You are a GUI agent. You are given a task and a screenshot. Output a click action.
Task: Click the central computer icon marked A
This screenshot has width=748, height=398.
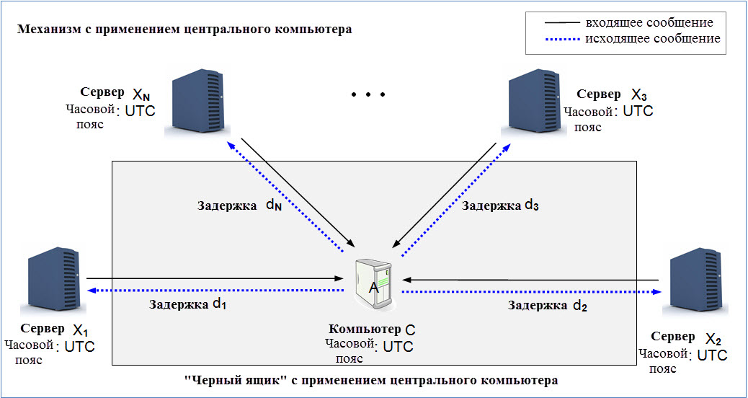click(374, 283)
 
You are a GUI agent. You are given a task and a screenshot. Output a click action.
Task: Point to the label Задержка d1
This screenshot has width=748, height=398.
click(187, 304)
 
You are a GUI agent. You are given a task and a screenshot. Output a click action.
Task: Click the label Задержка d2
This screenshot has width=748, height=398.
click(547, 306)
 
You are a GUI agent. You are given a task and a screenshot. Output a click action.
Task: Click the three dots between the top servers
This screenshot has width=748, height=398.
click(368, 94)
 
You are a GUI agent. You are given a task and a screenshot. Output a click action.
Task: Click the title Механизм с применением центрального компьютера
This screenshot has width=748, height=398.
click(185, 30)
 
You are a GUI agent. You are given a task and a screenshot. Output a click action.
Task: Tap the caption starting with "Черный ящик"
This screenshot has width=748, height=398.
click(371, 379)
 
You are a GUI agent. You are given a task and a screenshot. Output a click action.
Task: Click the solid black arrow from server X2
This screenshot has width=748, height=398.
click(530, 280)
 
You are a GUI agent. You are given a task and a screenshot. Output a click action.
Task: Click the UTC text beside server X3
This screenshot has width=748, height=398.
click(637, 112)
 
